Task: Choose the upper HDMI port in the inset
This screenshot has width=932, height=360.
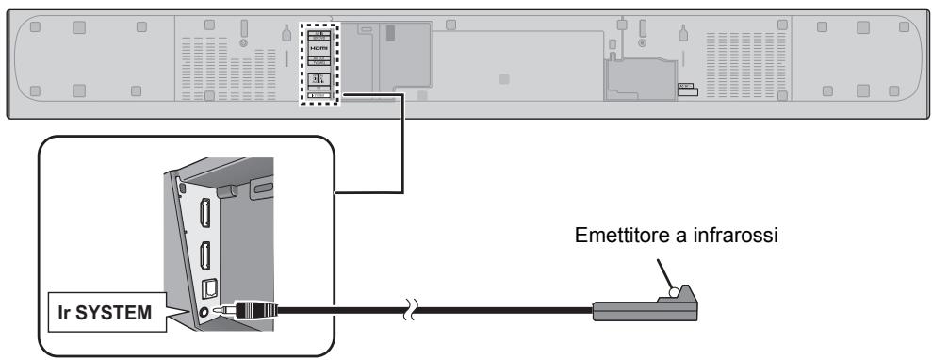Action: pos(204,215)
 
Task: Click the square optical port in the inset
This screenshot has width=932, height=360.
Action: pos(204,282)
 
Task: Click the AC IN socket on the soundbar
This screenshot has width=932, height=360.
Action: pos(686,94)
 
